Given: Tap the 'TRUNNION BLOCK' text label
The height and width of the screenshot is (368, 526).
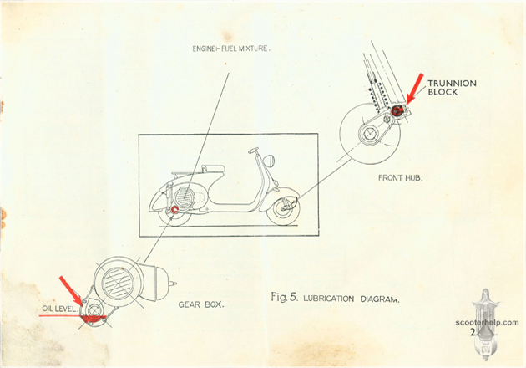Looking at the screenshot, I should click(450, 87).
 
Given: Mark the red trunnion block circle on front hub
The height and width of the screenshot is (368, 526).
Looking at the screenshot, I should click(397, 110).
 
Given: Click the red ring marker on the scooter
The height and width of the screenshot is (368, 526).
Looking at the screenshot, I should click(174, 209).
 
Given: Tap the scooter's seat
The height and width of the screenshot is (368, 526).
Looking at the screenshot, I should click(212, 169).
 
